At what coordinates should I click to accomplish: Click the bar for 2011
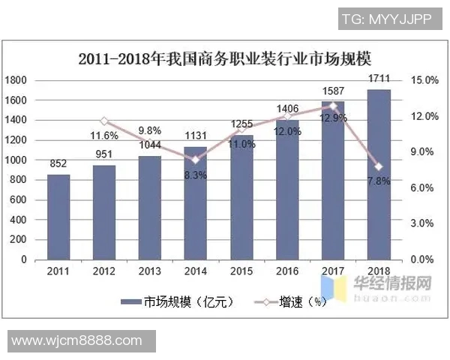(58, 217)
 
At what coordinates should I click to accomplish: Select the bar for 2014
(195, 203)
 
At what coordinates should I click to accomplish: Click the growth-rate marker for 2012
(104, 121)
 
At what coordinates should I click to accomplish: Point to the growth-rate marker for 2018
(379, 166)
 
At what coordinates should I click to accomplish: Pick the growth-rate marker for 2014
(196, 160)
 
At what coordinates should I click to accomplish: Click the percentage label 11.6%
(103, 136)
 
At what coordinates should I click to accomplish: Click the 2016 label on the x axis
(286, 270)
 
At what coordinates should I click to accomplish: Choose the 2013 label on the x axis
(149, 270)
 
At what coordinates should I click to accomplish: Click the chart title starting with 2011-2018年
(224, 58)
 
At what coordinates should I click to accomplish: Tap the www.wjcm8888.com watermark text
(77, 340)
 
